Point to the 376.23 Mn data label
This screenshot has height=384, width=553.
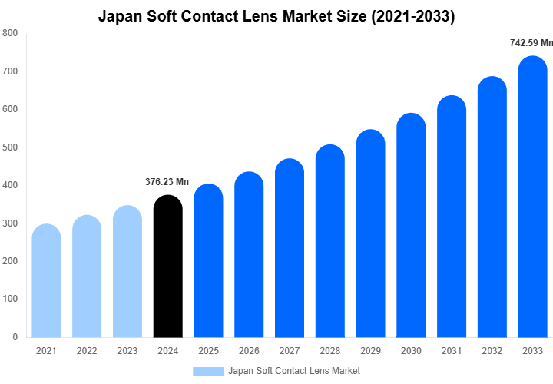point(167,182)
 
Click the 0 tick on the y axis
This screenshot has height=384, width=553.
point(15,337)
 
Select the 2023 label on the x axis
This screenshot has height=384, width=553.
point(127,351)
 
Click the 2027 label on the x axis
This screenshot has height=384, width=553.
point(290,351)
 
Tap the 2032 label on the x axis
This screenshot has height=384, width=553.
point(492,351)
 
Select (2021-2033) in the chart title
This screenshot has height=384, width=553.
point(413,16)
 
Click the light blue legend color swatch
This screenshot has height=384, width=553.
point(208,371)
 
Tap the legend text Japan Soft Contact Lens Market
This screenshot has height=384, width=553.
point(294,371)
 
